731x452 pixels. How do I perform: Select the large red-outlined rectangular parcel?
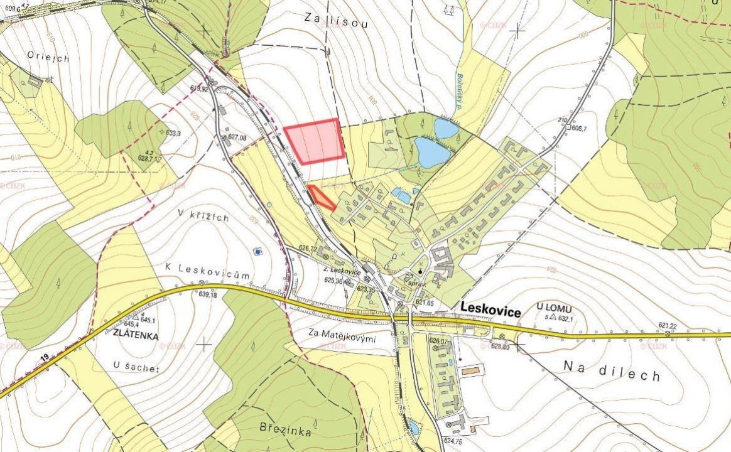coord(314,141)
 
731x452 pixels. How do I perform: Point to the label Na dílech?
coord(611,370)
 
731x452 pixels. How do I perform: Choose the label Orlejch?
coord(48,56)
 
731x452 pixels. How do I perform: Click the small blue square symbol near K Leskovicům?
coord(257,252)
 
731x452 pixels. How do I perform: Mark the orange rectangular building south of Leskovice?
coord(469,372)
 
